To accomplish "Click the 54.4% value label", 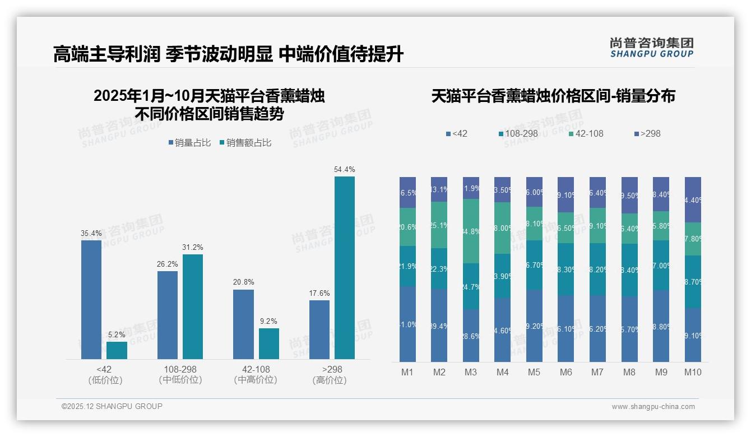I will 344,169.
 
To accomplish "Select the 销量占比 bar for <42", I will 91,300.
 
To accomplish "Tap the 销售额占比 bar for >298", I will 344,268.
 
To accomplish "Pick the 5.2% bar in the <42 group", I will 117,350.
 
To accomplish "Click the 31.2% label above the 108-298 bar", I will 192,247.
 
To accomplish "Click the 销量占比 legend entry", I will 189,143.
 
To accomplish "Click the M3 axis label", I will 470,372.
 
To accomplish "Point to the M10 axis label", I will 693,372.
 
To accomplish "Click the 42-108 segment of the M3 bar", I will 471,231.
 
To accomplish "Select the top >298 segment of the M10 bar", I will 693,199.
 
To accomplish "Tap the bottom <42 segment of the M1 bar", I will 407,324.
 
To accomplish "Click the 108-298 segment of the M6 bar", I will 566,269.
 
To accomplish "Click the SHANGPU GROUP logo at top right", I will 651,48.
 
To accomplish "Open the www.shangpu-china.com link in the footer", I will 653,407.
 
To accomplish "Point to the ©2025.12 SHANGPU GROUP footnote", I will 112,406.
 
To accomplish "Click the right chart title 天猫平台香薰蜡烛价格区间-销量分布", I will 553,96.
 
